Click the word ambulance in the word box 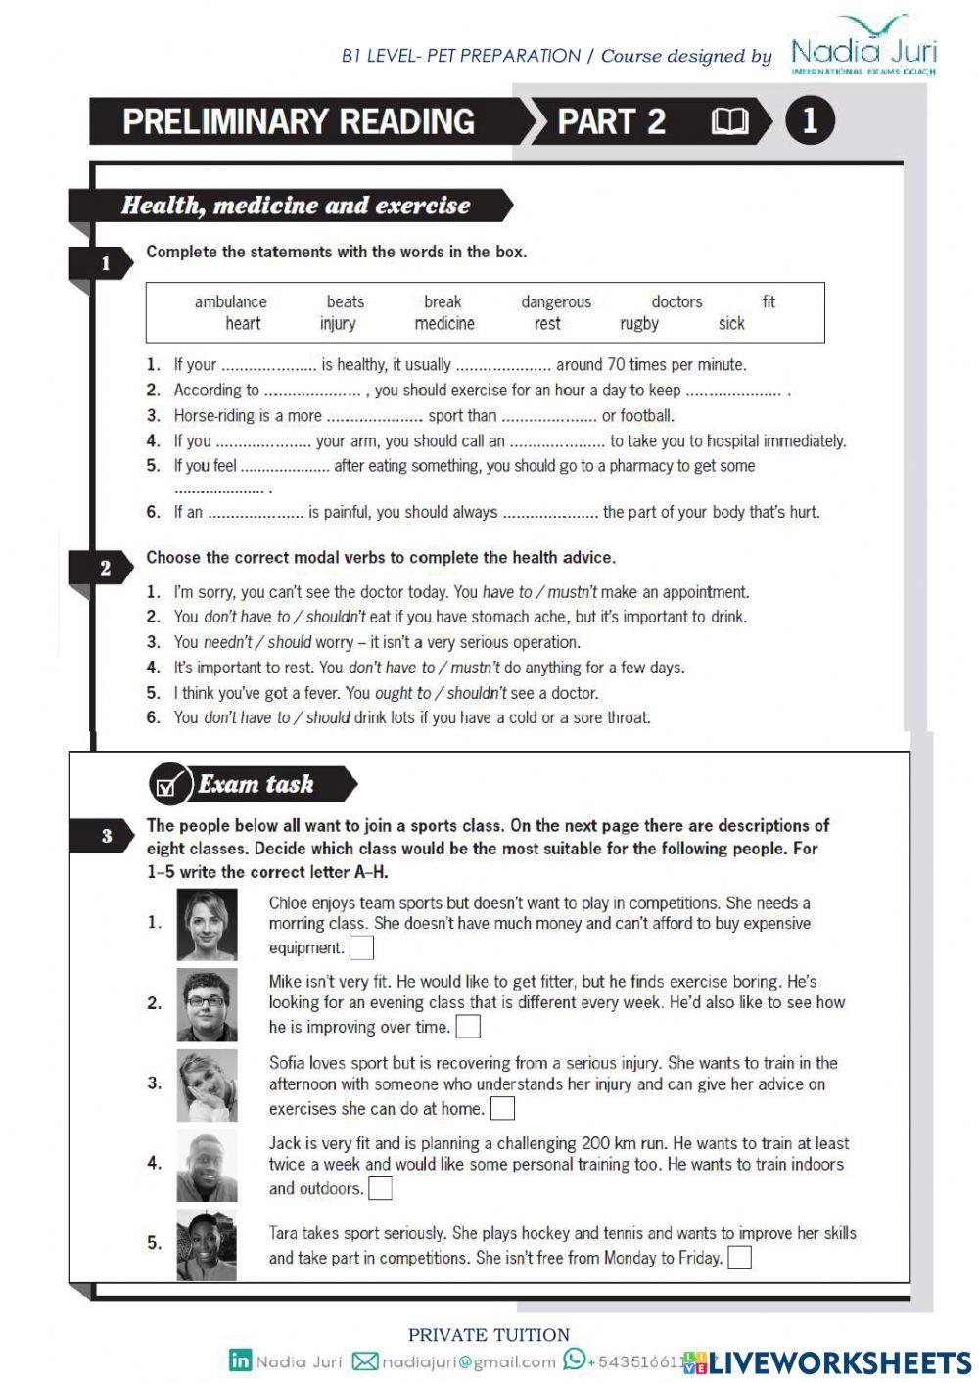(230, 301)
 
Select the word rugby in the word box (639, 324)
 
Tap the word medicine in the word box (444, 324)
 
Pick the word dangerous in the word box (556, 301)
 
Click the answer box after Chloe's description (361, 948)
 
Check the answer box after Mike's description (469, 1027)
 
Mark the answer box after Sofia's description (502, 1109)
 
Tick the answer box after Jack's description (380, 1189)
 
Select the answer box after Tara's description (740, 1258)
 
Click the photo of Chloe (207, 925)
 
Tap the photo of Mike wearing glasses (207, 1004)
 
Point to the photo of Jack (207, 1166)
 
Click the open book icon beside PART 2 (729, 121)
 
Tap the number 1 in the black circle (809, 120)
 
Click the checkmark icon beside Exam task (169, 785)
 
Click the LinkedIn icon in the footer (240, 1360)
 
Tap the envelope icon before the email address (364, 1360)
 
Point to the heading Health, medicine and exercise (296, 206)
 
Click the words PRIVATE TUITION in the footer (489, 1335)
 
